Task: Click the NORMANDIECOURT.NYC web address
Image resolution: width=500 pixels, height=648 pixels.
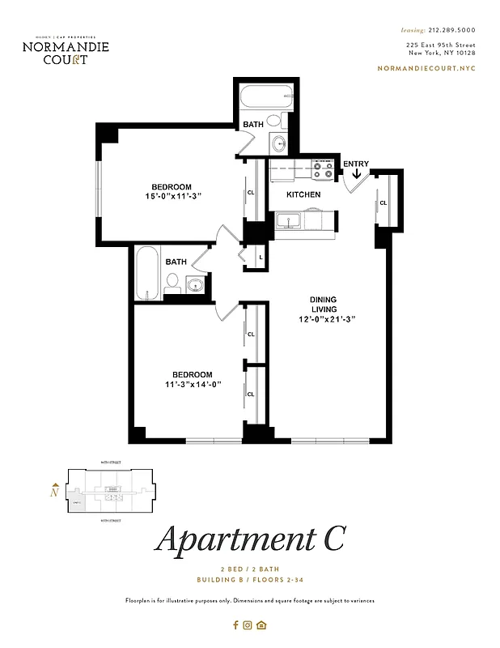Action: point(426,68)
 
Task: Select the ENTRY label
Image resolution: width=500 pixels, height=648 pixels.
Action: point(355,164)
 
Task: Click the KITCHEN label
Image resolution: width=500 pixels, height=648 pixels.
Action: point(303,195)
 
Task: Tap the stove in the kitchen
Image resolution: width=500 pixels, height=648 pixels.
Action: point(324,169)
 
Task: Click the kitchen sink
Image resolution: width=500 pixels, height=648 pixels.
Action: point(289,220)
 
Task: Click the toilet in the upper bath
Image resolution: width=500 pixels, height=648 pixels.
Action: point(274,122)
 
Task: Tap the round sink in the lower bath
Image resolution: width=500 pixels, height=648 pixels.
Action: point(195,285)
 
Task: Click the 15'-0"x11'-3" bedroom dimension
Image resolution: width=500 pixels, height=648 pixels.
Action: point(172,196)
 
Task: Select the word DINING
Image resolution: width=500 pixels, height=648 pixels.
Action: point(324,299)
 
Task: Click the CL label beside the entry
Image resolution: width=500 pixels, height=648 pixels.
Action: point(383,202)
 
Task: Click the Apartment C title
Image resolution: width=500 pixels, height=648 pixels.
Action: point(249,539)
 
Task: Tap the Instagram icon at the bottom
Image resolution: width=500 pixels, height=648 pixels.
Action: point(248,625)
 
